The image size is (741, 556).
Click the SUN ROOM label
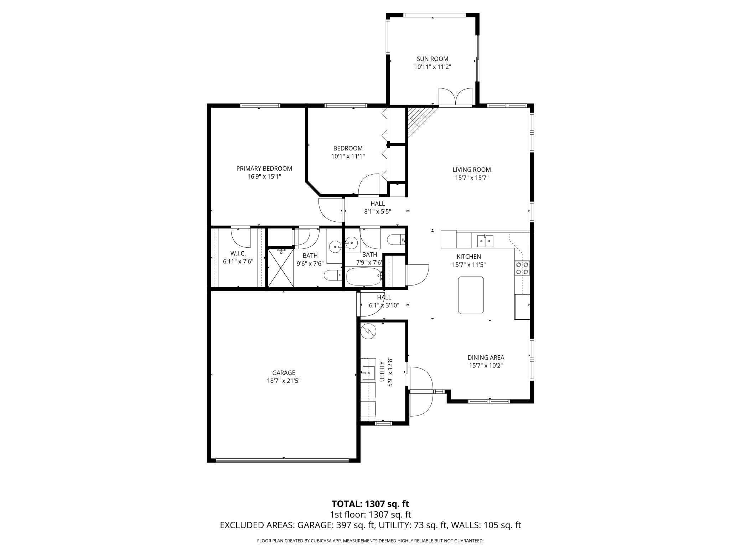[x=432, y=59]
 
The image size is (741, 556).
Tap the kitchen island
[x=471, y=295]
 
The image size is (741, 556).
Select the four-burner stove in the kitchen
[x=522, y=268]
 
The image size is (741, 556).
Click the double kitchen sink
[x=485, y=241]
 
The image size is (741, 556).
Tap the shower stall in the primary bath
[x=281, y=267]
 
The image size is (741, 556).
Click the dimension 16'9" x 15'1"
[x=264, y=176]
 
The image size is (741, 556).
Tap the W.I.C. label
[x=238, y=253]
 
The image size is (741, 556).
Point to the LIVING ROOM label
[x=472, y=170]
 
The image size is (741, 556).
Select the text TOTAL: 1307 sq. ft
[x=370, y=504]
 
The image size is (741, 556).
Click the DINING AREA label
[x=486, y=357]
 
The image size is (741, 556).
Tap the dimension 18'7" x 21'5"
[x=284, y=381]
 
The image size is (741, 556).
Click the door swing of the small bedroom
[x=369, y=185]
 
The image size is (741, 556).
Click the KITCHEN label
[x=469, y=257]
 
